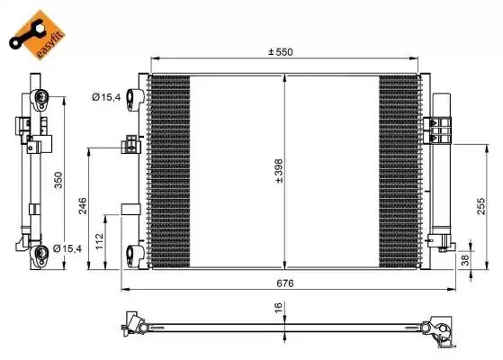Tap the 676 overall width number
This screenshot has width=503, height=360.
285,283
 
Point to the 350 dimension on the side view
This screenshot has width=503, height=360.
58,179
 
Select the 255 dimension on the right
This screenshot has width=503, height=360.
481,207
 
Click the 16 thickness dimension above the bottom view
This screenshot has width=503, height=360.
278,307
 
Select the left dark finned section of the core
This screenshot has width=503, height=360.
168,171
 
